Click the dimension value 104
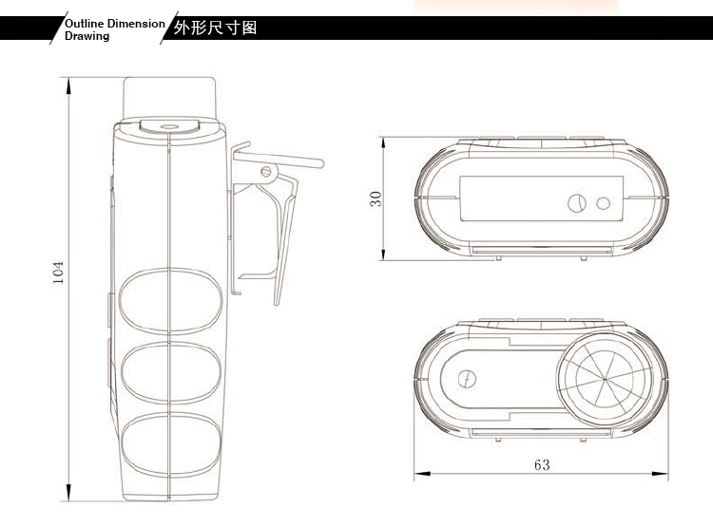[58, 273]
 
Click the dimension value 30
[376, 198]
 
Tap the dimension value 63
[542, 464]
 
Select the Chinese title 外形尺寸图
[215, 28]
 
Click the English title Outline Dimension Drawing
[115, 29]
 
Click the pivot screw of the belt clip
[266, 172]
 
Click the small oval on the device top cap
[169, 126]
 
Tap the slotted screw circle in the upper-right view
[577, 203]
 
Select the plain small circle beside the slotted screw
[604, 203]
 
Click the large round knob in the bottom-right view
[605, 379]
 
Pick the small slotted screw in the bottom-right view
[467, 379]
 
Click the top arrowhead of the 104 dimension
[68, 85]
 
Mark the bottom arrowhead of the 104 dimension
[68, 493]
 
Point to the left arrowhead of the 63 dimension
[422, 474]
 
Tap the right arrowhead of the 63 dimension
[661, 474]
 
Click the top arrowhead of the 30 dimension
[383, 143]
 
